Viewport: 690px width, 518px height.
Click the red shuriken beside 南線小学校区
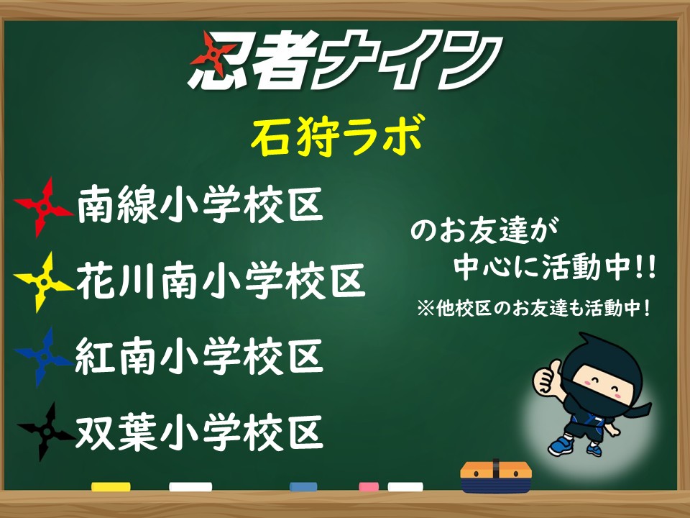(x=43, y=207)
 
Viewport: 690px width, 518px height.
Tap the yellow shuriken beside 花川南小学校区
(x=43, y=282)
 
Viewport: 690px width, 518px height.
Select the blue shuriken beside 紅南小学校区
(x=43, y=357)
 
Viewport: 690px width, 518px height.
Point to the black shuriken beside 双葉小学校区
(x=46, y=432)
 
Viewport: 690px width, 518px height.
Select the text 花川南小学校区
(x=221, y=281)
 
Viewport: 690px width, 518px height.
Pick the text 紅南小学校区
(x=200, y=357)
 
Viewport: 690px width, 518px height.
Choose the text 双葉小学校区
(x=200, y=432)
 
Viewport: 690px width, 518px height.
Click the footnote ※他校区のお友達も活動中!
(x=533, y=308)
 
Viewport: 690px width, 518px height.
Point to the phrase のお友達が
(x=484, y=230)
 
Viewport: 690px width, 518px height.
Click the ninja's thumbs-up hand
(x=546, y=377)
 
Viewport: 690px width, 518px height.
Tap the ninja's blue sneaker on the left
(x=561, y=446)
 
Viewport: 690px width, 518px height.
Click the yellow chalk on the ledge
(x=111, y=487)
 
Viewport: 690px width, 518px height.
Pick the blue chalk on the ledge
(x=303, y=487)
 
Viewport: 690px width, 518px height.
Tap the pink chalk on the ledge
(x=369, y=487)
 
